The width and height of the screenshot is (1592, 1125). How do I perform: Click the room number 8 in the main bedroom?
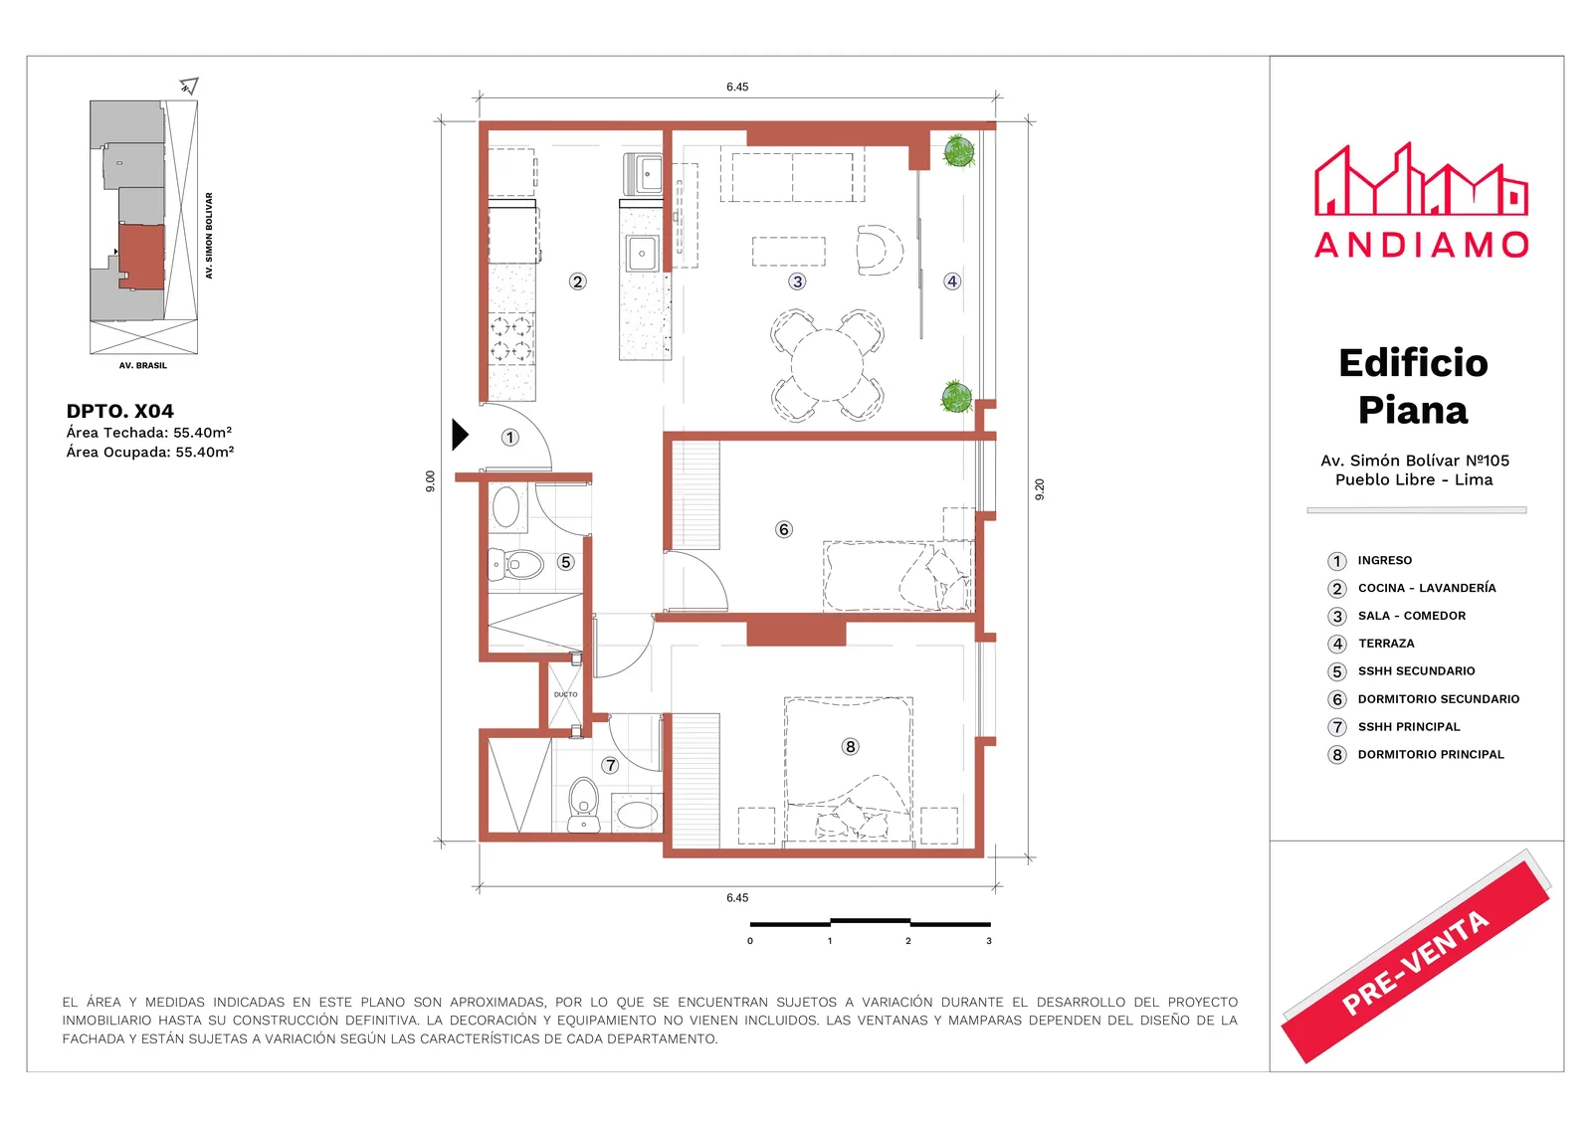pos(850,746)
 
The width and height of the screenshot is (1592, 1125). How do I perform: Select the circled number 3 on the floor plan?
pos(797,281)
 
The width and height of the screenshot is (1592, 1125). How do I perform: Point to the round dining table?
pos(827,365)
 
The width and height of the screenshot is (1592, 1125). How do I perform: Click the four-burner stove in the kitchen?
pos(511,339)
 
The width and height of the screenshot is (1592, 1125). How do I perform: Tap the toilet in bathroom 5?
pos(516,565)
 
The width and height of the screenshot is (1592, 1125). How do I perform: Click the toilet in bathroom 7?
pos(583,805)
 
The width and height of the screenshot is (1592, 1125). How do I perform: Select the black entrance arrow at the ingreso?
pos(460,435)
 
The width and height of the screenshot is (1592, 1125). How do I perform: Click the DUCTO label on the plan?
pos(566,694)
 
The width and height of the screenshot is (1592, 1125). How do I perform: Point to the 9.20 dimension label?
pos(1040,489)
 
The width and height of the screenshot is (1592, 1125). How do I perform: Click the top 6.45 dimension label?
pos(737,87)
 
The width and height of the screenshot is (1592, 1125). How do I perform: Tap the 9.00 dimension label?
pos(430,481)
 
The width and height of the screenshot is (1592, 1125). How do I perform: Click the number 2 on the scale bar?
pos(908,941)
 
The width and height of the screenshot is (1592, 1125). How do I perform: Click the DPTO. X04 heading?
pos(119,411)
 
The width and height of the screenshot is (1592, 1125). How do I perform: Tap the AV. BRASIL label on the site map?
pos(143,365)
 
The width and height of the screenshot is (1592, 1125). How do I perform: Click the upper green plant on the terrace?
pos(959,150)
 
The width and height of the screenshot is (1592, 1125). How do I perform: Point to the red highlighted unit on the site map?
pos(141,257)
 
